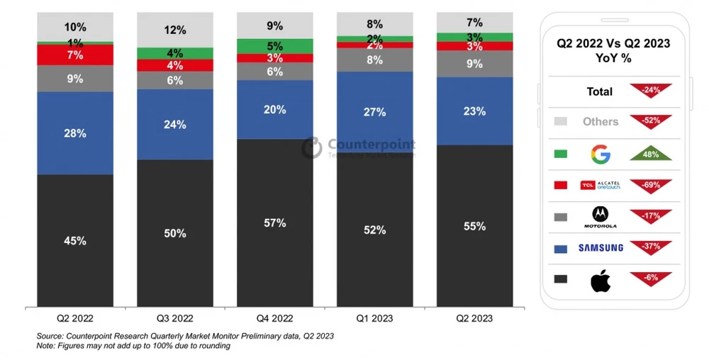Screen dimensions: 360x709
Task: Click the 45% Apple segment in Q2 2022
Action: tap(75, 240)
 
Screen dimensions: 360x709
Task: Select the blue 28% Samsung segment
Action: tap(75, 133)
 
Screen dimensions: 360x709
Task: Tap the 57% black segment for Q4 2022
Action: tap(274, 223)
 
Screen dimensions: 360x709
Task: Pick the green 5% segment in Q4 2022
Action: tap(274, 46)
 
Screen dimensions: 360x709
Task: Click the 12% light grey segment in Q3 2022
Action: tap(174, 30)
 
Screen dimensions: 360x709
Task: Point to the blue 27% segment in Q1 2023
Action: tap(374, 112)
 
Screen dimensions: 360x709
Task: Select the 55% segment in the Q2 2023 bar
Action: tap(474, 226)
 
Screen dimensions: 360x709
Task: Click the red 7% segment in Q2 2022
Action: tap(75, 55)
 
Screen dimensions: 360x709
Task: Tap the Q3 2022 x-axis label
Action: tap(174, 319)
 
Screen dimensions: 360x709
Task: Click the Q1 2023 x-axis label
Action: tap(374, 319)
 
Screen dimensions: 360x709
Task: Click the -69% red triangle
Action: tap(650, 185)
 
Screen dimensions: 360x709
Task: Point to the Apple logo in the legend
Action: tap(601, 281)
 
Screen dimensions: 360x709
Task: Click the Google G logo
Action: tap(601, 153)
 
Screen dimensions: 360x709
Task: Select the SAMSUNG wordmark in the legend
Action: tap(601, 247)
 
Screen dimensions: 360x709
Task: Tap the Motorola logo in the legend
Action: tap(601, 216)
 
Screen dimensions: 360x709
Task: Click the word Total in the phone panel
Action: tap(600, 91)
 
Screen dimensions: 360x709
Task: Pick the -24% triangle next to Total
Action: tap(650, 91)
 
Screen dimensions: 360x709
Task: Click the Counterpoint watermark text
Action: tap(371, 145)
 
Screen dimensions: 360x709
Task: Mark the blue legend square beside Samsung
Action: tap(561, 248)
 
